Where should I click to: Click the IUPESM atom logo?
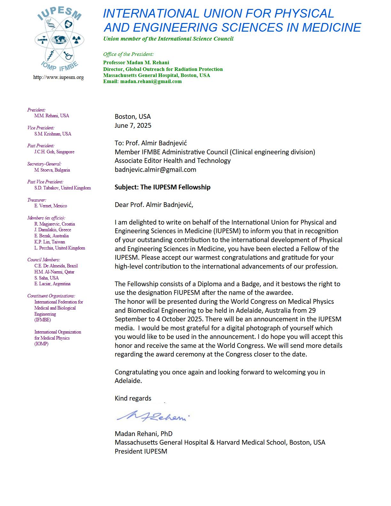(x=59, y=40)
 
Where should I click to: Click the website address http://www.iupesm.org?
(x=58, y=77)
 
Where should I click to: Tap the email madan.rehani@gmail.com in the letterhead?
(x=151, y=81)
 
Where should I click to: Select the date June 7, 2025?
(x=133, y=125)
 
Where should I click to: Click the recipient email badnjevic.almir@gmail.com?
(x=155, y=170)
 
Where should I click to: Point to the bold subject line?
(x=162, y=187)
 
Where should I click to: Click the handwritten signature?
(x=153, y=416)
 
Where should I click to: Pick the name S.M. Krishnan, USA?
(x=53, y=134)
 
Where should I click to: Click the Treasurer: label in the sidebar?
(x=37, y=200)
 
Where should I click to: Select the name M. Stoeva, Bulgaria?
(x=52, y=170)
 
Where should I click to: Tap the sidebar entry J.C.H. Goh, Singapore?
(x=54, y=152)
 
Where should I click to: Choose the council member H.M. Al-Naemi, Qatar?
(x=54, y=272)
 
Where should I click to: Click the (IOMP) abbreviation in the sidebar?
(x=41, y=344)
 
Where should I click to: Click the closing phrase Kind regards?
(x=133, y=398)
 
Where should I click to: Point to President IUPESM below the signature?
(x=141, y=451)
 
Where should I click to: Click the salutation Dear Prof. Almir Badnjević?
(x=154, y=205)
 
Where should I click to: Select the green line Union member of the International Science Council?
(x=168, y=39)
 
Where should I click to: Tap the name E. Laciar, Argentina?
(x=52, y=284)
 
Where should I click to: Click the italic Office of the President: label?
(x=128, y=54)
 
